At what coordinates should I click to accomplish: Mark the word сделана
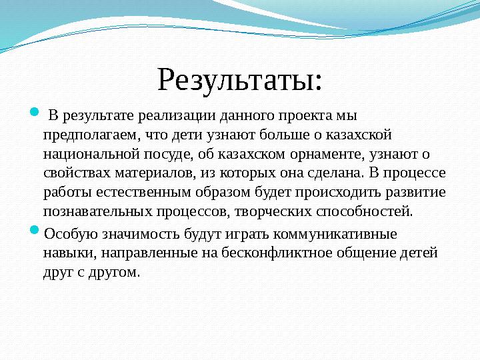[x=335, y=173]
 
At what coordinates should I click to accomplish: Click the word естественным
[x=129, y=193]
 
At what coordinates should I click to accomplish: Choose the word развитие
[x=417, y=193]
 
